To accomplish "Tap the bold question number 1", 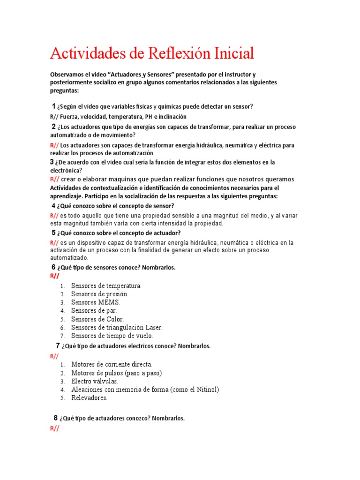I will (x=54, y=106).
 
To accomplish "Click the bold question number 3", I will (x=52, y=162).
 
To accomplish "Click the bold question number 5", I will (x=53, y=232).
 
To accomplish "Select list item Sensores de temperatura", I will (x=106, y=285).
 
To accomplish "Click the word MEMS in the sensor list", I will (x=109, y=302).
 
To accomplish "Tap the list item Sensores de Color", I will (x=97, y=319).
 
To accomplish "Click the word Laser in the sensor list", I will (x=154, y=328).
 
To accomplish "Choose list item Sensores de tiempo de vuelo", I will (x=112, y=336).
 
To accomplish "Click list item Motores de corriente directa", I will (x=112, y=364).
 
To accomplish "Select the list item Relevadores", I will (x=89, y=398).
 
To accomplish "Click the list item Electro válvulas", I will (x=94, y=381).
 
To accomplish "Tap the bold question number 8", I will (x=55, y=418).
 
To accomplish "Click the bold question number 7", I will (x=57, y=346).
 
